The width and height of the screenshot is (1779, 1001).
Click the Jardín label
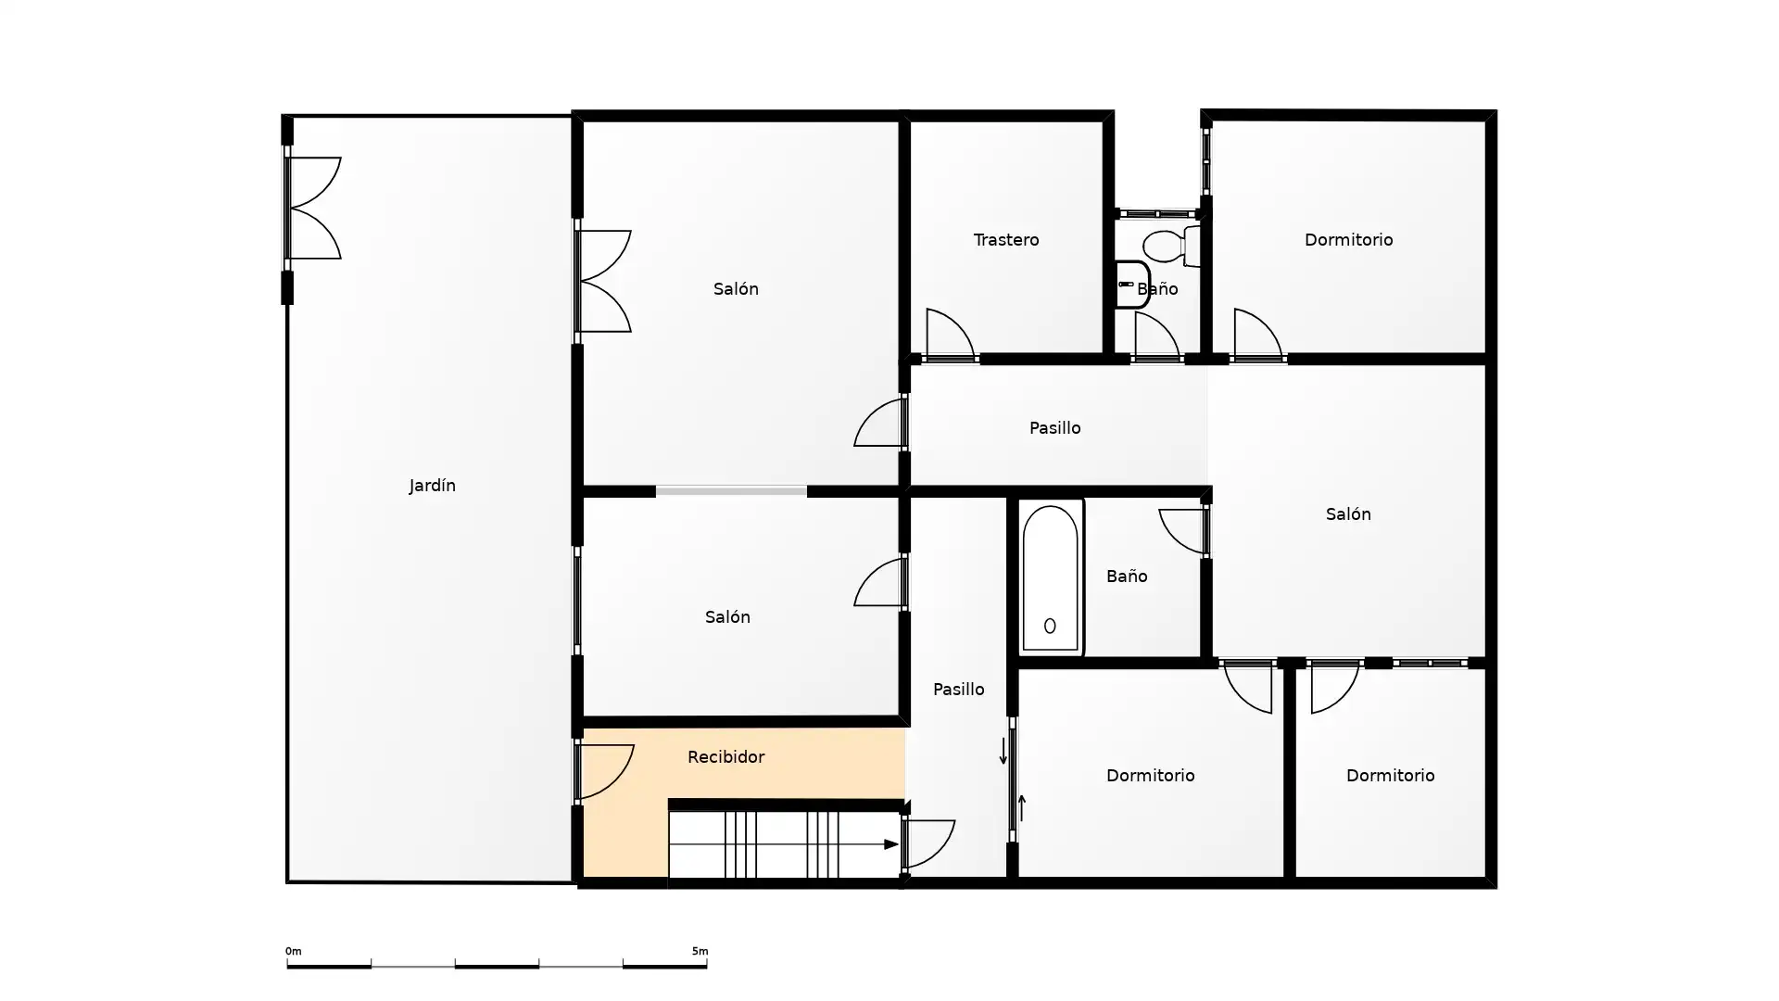pos(432,486)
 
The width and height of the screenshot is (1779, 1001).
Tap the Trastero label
pos(1005,240)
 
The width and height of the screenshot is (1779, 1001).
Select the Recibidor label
pos(725,757)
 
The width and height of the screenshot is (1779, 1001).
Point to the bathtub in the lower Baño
pos(1050,578)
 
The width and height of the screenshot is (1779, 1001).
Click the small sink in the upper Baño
pos(1131,285)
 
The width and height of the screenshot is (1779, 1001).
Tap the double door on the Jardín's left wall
pos(313,208)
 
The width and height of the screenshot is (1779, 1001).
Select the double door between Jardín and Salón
pos(603,281)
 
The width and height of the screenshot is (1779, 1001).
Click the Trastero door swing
pos(950,335)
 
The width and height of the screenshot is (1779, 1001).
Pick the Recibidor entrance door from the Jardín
pos(605,771)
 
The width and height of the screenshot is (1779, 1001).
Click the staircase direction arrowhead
pos(891,844)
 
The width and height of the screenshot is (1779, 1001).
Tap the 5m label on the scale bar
pos(700,951)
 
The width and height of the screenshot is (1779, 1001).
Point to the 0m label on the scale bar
pos(293,951)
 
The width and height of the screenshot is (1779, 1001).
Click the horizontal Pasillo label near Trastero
pos(1054,428)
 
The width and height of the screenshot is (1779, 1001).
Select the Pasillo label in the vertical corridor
pos(958,690)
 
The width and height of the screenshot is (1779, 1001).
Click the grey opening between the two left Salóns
pos(731,491)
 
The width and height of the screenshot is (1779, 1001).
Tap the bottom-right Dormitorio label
pos(1390,776)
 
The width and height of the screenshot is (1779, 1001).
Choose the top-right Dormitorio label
pos(1348,240)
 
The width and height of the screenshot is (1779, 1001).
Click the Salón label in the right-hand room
pos(1348,514)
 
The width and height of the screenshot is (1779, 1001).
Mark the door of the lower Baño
pos(1185,531)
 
